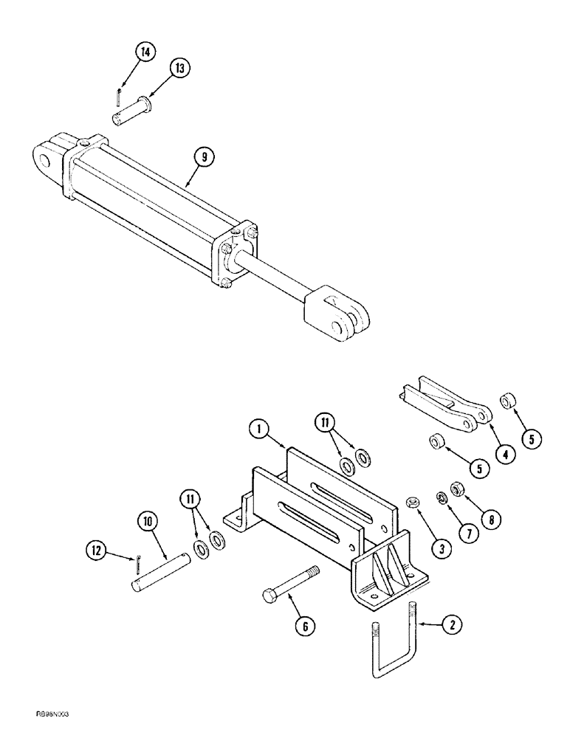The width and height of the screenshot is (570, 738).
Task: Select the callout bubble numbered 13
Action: click(x=179, y=68)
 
